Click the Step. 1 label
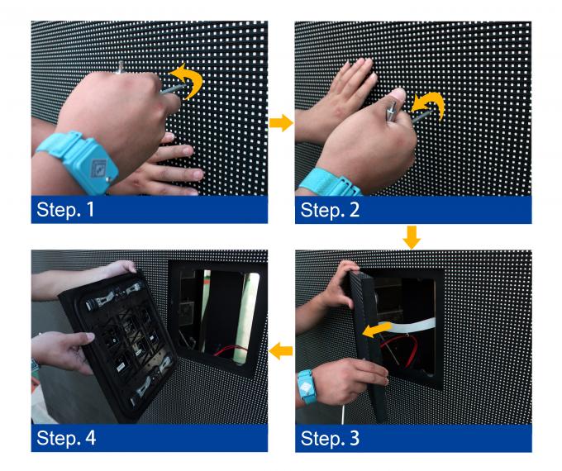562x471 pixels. click(65, 209)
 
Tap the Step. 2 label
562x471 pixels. click(330, 210)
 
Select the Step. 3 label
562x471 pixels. click(330, 438)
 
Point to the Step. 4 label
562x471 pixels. click(66, 438)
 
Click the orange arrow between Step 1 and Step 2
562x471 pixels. click(281, 123)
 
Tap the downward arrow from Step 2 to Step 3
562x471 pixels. click(412, 237)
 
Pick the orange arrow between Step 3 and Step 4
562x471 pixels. click(281, 351)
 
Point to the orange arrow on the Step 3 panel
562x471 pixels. click(376, 329)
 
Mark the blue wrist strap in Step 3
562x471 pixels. click(306, 387)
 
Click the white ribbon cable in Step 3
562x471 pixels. click(412, 325)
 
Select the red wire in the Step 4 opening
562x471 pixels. click(231, 350)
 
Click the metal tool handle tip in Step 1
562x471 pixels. click(120, 66)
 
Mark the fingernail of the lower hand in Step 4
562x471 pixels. click(89, 337)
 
